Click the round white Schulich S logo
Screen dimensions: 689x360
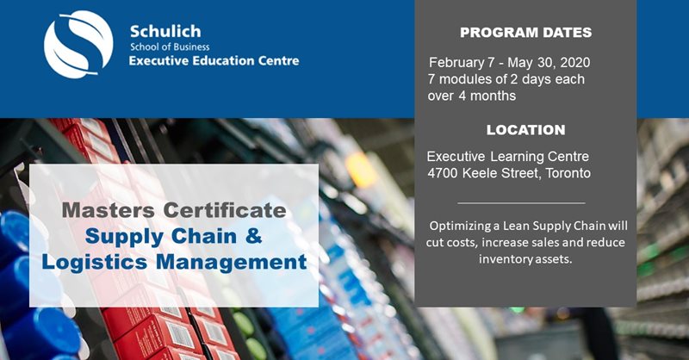click(78, 44)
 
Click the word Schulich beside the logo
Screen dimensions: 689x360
click(165, 32)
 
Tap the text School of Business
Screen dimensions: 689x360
click(170, 47)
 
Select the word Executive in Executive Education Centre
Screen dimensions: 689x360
click(158, 60)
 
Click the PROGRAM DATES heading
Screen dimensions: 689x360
click(525, 33)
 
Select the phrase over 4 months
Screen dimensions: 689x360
click(471, 96)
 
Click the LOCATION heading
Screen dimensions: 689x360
click(525, 130)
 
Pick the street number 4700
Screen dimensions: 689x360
click(443, 173)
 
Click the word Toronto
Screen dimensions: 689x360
click(568, 173)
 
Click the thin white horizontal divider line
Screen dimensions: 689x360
click(521, 203)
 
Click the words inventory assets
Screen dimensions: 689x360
click(525, 259)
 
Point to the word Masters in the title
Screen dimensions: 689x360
click(109, 210)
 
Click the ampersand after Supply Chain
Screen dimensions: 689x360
click(253, 236)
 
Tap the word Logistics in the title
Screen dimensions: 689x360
click(95, 263)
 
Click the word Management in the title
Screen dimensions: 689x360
click(231, 263)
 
